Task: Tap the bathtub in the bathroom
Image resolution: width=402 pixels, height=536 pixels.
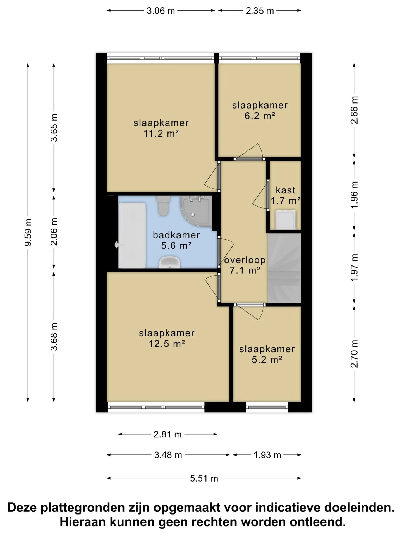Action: [x=132, y=235]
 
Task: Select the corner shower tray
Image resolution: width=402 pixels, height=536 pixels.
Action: [x=196, y=211]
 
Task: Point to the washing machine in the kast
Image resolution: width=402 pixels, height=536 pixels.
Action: [x=286, y=220]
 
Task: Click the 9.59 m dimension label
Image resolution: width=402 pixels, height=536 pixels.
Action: [x=28, y=233]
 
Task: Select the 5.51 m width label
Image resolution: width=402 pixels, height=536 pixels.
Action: [x=204, y=478]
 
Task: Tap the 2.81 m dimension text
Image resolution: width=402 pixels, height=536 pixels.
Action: [x=167, y=434]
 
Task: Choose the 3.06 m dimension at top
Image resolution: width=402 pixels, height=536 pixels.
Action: [x=161, y=11]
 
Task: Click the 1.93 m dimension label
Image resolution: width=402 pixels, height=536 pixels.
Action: [x=267, y=455]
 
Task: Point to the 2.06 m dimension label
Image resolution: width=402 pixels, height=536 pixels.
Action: [x=54, y=232]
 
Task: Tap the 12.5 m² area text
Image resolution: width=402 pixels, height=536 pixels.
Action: [x=167, y=344]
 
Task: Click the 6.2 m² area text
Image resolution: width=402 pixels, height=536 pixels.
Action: [x=260, y=116]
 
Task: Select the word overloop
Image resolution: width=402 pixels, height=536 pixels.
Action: [x=245, y=260]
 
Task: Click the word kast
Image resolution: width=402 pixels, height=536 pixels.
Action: [x=285, y=190]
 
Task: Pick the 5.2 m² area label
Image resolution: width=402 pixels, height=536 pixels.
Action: [x=267, y=360]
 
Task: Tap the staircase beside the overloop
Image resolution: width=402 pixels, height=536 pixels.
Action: [x=284, y=268]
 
